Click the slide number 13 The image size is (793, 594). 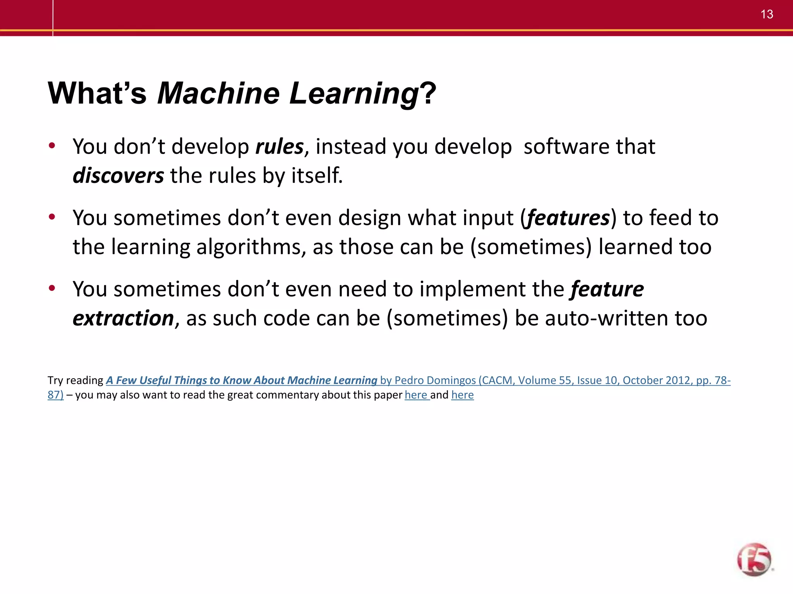tap(766, 14)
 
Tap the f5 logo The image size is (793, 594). tap(754, 559)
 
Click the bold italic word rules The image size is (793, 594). tap(279, 147)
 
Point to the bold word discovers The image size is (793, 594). tap(118, 176)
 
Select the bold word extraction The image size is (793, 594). tap(123, 318)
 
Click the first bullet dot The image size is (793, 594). tap(52, 146)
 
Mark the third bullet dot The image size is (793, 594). tap(52, 288)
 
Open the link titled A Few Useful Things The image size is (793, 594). tap(241, 381)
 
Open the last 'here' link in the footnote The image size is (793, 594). tap(462, 395)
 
